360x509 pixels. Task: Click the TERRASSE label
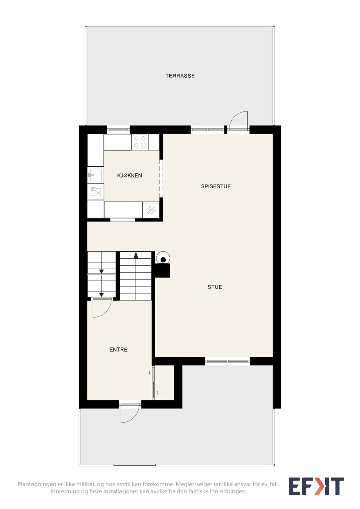(x=180, y=76)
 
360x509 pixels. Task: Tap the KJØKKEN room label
(x=130, y=175)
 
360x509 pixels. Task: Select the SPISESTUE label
(x=216, y=186)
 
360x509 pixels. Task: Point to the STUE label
(x=215, y=287)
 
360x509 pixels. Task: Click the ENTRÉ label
(x=118, y=350)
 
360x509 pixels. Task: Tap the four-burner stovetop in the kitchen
(x=140, y=142)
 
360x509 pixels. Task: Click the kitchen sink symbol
(x=95, y=175)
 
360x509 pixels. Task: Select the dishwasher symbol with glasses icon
(x=95, y=192)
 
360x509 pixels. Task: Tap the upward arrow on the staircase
(x=136, y=255)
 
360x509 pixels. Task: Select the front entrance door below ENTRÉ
(x=130, y=413)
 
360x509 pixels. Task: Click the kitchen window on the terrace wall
(x=118, y=130)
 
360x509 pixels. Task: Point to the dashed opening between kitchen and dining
(x=161, y=178)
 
